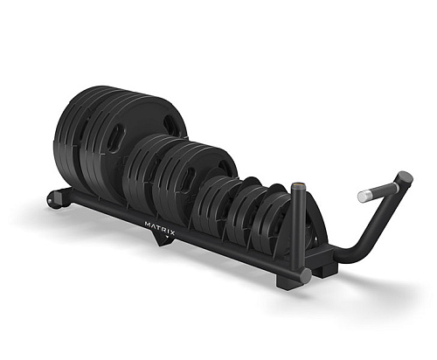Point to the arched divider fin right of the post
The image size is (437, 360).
(x=311, y=232)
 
